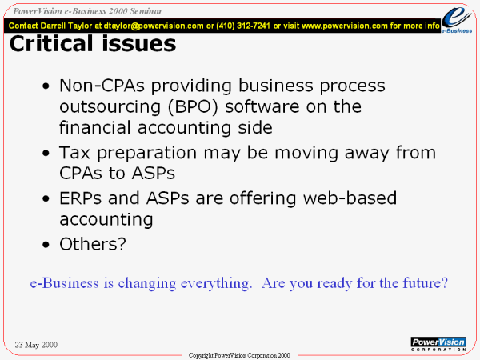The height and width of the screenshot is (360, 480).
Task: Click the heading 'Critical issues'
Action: click(x=93, y=43)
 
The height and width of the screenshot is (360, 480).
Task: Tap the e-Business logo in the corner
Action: click(x=457, y=19)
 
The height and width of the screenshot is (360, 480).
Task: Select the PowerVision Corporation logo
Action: click(x=438, y=344)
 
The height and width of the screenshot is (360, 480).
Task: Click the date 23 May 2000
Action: click(x=36, y=345)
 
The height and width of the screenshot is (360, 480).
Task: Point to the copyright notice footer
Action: click(x=239, y=355)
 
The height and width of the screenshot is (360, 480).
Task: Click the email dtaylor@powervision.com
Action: click(x=154, y=26)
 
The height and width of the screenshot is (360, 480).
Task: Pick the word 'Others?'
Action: click(x=93, y=244)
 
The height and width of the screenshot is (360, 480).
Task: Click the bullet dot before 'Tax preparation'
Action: click(x=46, y=153)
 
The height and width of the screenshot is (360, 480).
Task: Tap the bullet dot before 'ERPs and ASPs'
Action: click(x=46, y=198)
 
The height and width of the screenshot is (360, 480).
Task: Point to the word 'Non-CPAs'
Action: click(x=102, y=86)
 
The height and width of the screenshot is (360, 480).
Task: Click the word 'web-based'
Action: click(x=350, y=198)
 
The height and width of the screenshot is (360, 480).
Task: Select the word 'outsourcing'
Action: click(x=110, y=107)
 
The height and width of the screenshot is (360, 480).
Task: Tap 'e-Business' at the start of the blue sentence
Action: click(x=64, y=283)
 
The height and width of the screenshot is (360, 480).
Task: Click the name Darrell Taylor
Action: click(x=66, y=26)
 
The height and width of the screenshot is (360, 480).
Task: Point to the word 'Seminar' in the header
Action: click(x=146, y=11)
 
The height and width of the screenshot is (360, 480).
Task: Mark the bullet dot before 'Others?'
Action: click(x=46, y=245)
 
